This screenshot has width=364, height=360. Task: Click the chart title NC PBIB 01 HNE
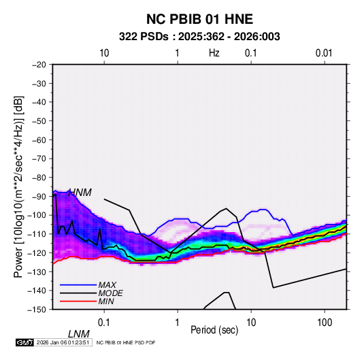click(x=199, y=19)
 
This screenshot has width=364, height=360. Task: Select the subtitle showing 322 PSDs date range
click(x=199, y=37)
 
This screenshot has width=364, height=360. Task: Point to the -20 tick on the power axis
click(x=39, y=65)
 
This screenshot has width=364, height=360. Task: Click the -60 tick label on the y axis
click(x=39, y=140)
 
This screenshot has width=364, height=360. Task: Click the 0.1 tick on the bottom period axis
click(x=104, y=323)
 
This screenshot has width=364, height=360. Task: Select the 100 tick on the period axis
click(x=325, y=323)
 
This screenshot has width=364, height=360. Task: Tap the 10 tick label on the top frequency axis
click(x=104, y=53)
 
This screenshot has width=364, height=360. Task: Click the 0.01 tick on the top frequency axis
click(x=324, y=53)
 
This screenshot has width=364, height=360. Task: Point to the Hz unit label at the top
click(x=214, y=53)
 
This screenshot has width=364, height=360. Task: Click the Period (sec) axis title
click(x=214, y=330)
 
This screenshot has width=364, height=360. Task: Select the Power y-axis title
click(x=18, y=187)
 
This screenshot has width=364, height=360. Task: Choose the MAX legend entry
click(x=107, y=285)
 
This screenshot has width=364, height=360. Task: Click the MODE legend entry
click(x=110, y=293)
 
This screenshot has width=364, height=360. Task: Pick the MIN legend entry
click(x=106, y=301)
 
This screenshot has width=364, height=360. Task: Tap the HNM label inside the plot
click(x=80, y=193)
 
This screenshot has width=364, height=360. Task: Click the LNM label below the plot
click(x=78, y=334)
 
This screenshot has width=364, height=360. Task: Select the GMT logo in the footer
click(x=24, y=342)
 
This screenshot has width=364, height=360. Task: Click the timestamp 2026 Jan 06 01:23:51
click(x=63, y=342)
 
